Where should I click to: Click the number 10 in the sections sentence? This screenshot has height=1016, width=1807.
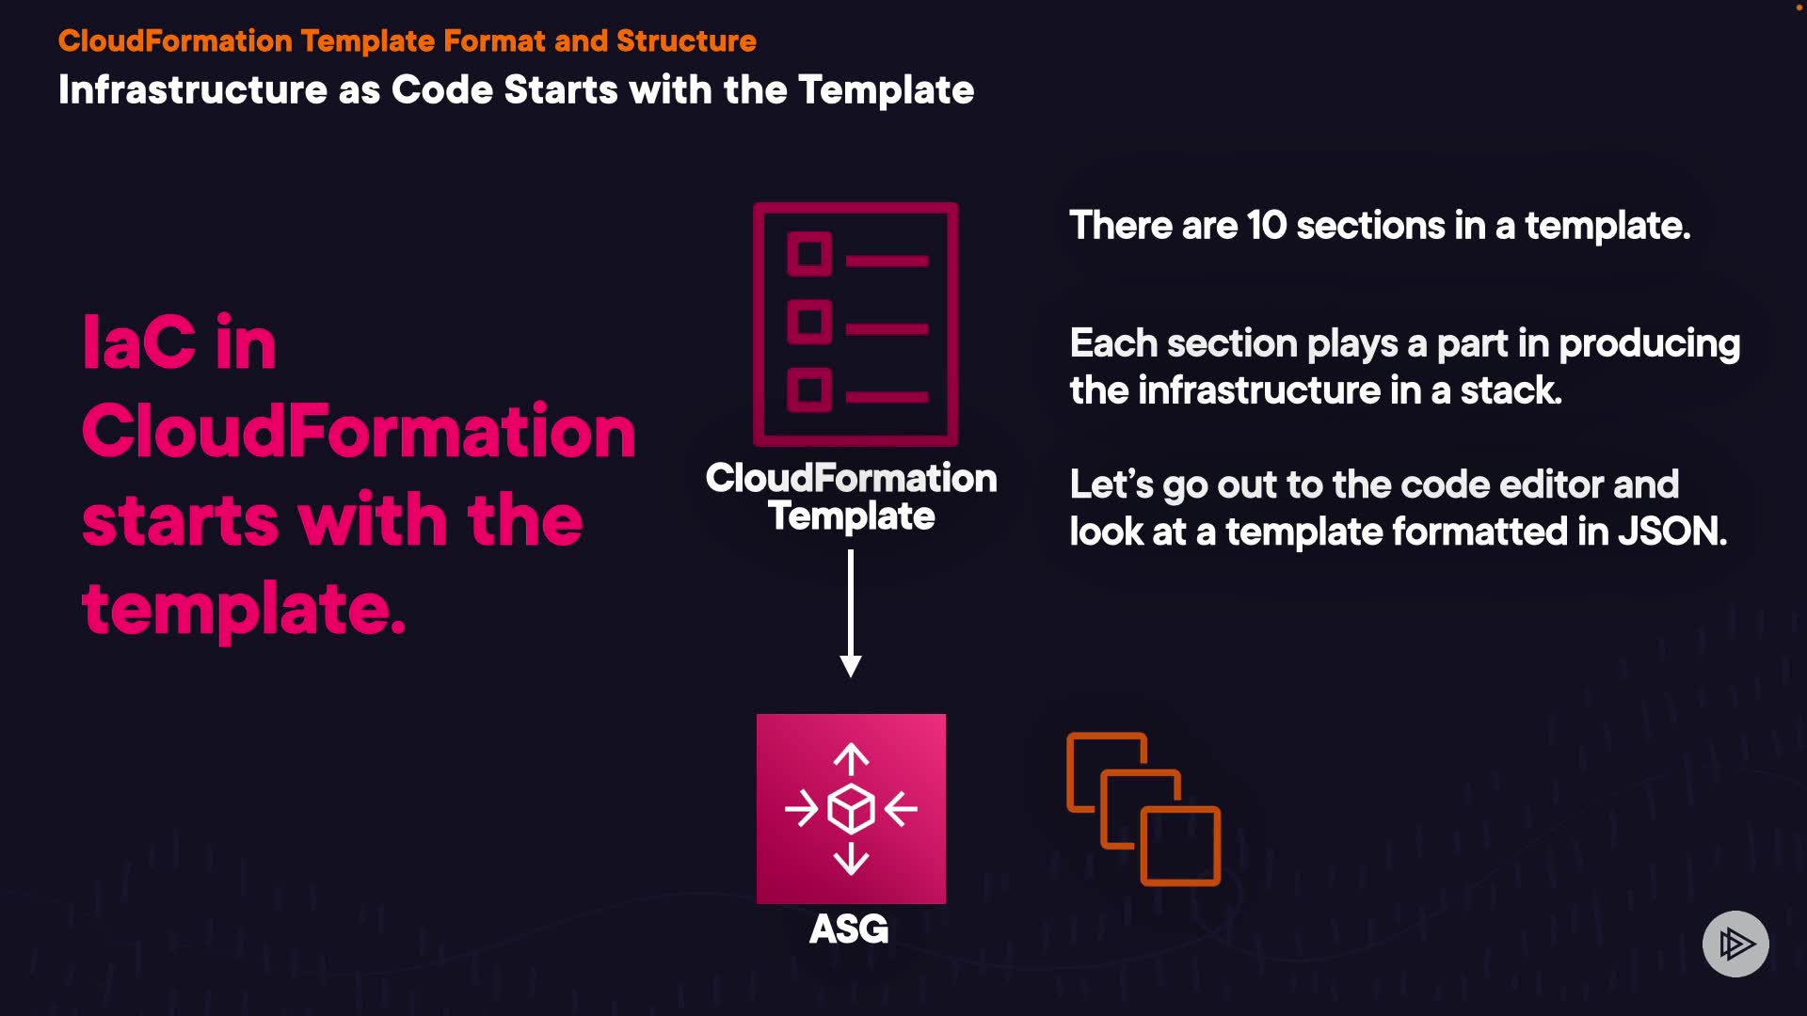pos(1266,226)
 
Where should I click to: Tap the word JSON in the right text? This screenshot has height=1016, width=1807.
pos(1671,532)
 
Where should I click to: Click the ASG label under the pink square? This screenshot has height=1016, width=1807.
pos(849,929)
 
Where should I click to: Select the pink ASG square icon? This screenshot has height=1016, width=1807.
pos(851,808)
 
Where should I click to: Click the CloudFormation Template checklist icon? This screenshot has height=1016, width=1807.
pos(856,324)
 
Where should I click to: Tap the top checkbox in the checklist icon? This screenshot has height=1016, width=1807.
pos(809,254)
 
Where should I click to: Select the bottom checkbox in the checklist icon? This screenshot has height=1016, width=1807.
pos(809,390)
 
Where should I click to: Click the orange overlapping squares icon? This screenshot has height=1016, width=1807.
pos(1143,809)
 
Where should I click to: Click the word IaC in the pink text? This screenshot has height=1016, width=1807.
pos(139,342)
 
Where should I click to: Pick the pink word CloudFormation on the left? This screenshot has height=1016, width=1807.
pos(359,431)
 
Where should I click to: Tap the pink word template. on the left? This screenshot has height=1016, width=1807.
pos(244,609)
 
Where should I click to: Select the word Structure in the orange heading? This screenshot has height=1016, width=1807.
pos(686,41)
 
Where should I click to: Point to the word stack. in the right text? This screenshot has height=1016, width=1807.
pos(1511,390)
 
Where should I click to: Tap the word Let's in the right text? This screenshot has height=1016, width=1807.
pos(1111,485)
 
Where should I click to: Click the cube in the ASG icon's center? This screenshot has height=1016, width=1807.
pos(851,809)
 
